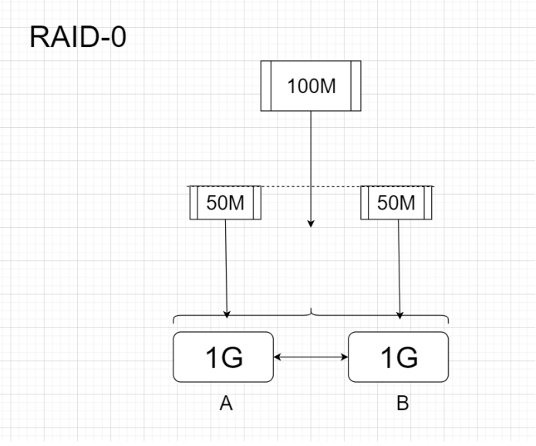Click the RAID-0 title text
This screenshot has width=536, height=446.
point(77,36)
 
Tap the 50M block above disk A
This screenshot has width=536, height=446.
point(225,203)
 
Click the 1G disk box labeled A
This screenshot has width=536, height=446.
point(224,357)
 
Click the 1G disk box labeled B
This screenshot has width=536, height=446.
point(398,357)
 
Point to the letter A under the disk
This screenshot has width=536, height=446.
point(225,404)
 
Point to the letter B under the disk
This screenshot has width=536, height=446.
point(402,404)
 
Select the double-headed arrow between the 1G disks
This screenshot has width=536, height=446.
point(311,357)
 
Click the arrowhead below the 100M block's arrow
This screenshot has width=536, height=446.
point(311,223)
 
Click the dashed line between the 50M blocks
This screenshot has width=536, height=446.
point(311,186)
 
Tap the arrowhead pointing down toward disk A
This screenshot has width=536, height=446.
point(227,313)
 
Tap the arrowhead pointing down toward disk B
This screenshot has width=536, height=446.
point(399,313)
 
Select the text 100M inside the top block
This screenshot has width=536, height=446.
point(311,86)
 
